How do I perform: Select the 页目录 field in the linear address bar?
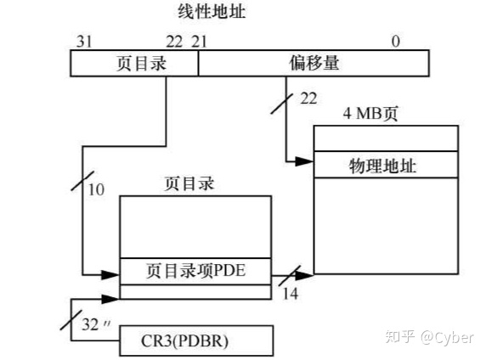point(134,63)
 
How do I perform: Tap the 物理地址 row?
point(386,163)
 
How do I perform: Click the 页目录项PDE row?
point(195,272)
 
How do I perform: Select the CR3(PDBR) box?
point(196,341)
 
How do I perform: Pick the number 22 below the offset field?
point(308,100)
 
